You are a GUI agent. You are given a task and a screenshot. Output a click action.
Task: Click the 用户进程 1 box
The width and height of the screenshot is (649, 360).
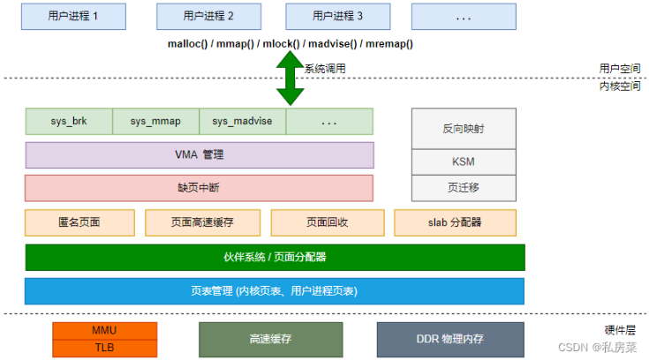tap(73, 17)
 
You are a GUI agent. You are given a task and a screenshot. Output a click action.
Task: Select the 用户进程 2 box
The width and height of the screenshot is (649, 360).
tap(208, 17)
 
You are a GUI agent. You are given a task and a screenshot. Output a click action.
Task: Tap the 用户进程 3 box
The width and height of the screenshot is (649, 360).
tap(337, 17)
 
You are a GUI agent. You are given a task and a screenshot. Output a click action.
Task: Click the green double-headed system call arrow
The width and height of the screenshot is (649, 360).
tap(291, 79)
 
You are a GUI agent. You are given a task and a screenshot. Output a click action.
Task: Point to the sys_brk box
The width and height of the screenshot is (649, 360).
tap(69, 122)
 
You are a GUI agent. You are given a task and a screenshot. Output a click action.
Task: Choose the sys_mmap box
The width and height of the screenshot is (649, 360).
tap(155, 122)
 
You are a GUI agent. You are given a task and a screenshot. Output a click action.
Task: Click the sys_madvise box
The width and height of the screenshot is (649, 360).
tap(243, 122)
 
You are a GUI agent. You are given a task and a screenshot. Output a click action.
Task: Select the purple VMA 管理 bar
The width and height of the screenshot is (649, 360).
tap(200, 155)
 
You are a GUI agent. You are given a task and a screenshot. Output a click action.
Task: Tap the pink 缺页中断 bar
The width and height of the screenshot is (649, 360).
tap(199, 188)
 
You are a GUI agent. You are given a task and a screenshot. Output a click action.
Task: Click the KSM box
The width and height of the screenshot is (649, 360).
tap(464, 162)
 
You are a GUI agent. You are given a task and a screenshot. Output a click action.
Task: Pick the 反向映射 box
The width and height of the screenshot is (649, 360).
tap(464, 129)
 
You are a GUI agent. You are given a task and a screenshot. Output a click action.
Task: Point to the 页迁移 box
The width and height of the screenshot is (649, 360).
tap(464, 188)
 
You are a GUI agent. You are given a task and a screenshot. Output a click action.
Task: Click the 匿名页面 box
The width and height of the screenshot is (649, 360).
tap(79, 222)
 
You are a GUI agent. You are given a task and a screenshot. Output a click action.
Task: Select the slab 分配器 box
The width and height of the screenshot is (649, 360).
tap(456, 222)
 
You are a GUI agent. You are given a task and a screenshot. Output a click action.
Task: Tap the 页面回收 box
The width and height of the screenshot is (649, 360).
tap(328, 222)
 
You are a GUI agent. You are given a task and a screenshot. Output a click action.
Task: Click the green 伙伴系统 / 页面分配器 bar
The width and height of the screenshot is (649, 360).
tap(275, 258)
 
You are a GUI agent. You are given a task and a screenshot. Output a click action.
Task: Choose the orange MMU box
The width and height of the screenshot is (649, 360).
tap(105, 331)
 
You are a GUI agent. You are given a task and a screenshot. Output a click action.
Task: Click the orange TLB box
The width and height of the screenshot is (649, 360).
tap(105, 349)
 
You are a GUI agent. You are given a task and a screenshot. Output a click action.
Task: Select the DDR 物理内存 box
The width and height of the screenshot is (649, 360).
tap(450, 340)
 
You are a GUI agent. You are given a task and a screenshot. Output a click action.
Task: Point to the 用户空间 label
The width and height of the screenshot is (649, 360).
tap(620, 69)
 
